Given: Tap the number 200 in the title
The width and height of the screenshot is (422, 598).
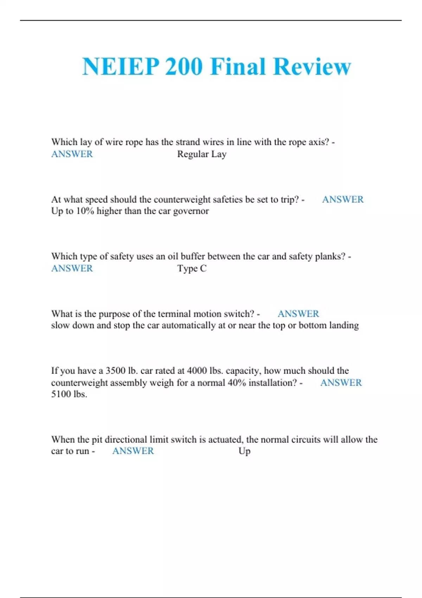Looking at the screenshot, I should tap(184, 66).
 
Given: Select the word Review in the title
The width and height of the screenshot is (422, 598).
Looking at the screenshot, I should tap(312, 66).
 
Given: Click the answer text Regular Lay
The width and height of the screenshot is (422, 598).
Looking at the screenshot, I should tap(202, 154).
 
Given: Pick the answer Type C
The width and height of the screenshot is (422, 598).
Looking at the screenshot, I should tap(192, 268).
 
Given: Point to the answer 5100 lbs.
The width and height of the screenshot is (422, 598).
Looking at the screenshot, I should tap(69, 394).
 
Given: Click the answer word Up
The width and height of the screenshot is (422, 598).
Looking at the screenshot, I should tap(244, 451).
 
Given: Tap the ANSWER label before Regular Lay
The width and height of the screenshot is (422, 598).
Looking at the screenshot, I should tap(72, 154).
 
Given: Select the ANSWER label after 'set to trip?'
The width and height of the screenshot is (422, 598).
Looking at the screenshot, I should tap(343, 199).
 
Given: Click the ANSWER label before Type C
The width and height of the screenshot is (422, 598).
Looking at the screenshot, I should tap(72, 268).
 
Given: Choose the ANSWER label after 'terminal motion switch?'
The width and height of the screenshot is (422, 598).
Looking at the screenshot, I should tap(298, 314).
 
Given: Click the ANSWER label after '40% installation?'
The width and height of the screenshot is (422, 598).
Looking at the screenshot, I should tap(341, 382).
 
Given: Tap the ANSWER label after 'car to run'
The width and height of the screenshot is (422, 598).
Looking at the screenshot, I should tap(133, 451).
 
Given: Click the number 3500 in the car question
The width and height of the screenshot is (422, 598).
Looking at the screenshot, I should tap(116, 371).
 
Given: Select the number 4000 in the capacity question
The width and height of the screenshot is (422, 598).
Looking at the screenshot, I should tap(197, 371).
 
